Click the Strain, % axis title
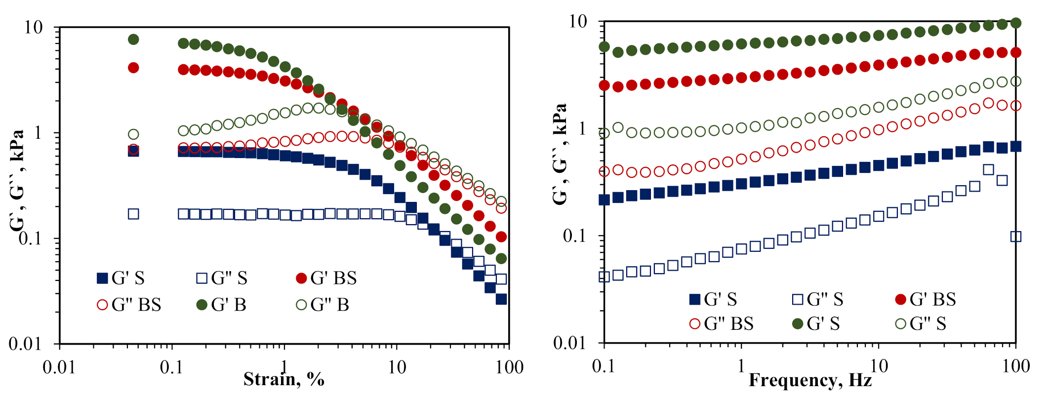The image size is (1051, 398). (x=283, y=379)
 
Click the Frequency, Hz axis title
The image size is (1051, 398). (x=810, y=380)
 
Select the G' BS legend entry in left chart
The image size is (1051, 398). (x=326, y=278)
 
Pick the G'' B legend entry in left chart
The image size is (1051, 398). (x=323, y=305)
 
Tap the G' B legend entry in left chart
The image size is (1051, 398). (x=222, y=305)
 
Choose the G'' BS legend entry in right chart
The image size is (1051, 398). (x=722, y=324)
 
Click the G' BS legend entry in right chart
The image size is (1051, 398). (x=926, y=299)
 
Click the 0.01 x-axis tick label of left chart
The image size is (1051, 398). (x=59, y=367)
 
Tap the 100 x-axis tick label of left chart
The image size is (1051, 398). (x=509, y=367)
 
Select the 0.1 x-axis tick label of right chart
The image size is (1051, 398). (x=604, y=366)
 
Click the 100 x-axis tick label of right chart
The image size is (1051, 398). (x=1015, y=366)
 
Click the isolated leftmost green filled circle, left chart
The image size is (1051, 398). (x=133, y=40)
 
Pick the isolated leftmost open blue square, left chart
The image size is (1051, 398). (x=133, y=214)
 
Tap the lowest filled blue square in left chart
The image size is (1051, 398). (x=501, y=299)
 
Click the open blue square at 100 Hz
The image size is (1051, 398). (x=1015, y=237)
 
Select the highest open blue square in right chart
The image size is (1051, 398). (x=988, y=170)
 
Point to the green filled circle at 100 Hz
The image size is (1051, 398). (x=1015, y=23)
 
